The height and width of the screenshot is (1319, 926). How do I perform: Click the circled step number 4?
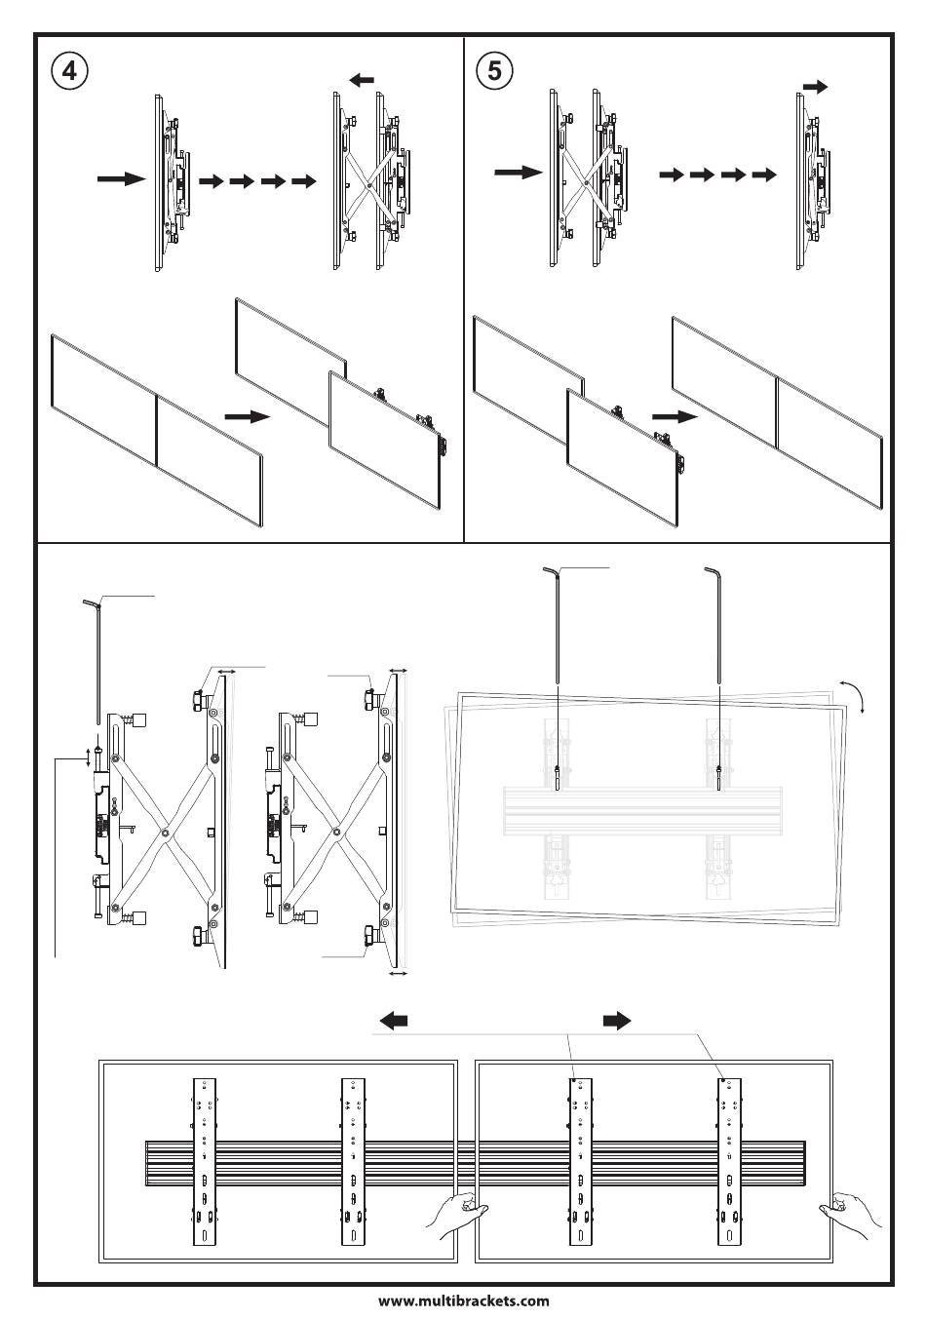click(67, 70)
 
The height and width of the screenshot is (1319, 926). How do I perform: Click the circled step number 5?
click(495, 70)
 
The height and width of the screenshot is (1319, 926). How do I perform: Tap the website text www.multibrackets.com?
click(463, 1300)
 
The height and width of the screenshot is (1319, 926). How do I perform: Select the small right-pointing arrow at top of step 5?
click(815, 87)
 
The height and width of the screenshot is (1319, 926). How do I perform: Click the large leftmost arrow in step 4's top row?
click(121, 179)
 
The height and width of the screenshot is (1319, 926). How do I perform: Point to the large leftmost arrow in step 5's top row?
click(518, 173)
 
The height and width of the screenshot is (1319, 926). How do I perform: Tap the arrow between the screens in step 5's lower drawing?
click(675, 415)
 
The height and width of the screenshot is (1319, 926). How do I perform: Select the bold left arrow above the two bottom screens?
click(393, 1021)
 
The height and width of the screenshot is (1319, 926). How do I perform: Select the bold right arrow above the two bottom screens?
click(616, 1021)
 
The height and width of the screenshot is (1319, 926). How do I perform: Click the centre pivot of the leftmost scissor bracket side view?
click(167, 832)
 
